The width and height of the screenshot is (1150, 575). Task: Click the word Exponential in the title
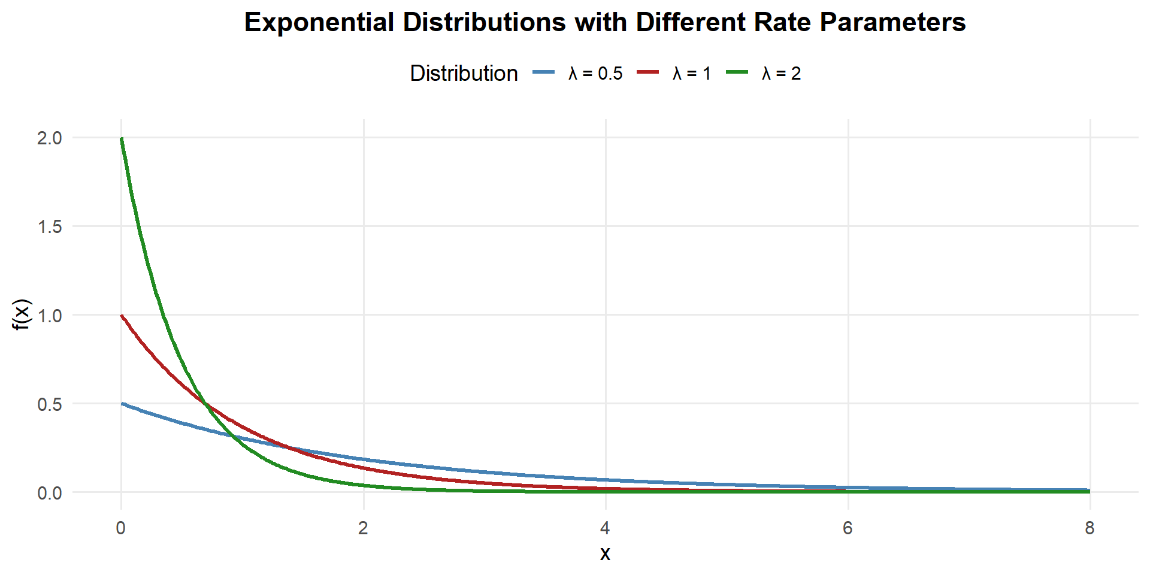click(x=319, y=23)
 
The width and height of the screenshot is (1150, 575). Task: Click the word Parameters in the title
click(x=892, y=23)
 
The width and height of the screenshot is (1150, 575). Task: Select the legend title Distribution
click(x=464, y=73)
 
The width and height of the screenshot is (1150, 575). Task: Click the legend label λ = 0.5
click(x=595, y=73)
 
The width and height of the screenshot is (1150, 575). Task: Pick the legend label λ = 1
click(x=692, y=73)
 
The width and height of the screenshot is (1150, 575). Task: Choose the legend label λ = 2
click(x=781, y=73)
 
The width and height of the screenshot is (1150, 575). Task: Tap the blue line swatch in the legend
click(x=543, y=72)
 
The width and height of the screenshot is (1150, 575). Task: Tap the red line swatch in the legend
click(x=647, y=72)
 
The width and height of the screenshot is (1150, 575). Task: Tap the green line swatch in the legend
click(x=737, y=72)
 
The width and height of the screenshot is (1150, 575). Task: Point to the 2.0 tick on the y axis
click(x=49, y=138)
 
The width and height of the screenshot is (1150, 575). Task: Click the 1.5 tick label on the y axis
click(x=49, y=226)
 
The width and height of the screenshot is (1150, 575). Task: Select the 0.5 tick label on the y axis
click(x=49, y=404)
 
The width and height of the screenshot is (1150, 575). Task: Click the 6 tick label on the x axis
click(x=848, y=528)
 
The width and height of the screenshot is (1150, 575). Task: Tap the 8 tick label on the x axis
click(x=1090, y=528)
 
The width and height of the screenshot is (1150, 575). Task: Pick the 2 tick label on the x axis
click(x=363, y=528)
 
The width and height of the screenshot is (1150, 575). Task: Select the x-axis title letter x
click(x=605, y=553)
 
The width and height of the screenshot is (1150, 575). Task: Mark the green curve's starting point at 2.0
click(x=122, y=138)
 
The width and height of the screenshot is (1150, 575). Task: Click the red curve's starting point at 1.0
click(x=122, y=315)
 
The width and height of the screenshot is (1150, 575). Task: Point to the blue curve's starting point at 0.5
click(x=122, y=404)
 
